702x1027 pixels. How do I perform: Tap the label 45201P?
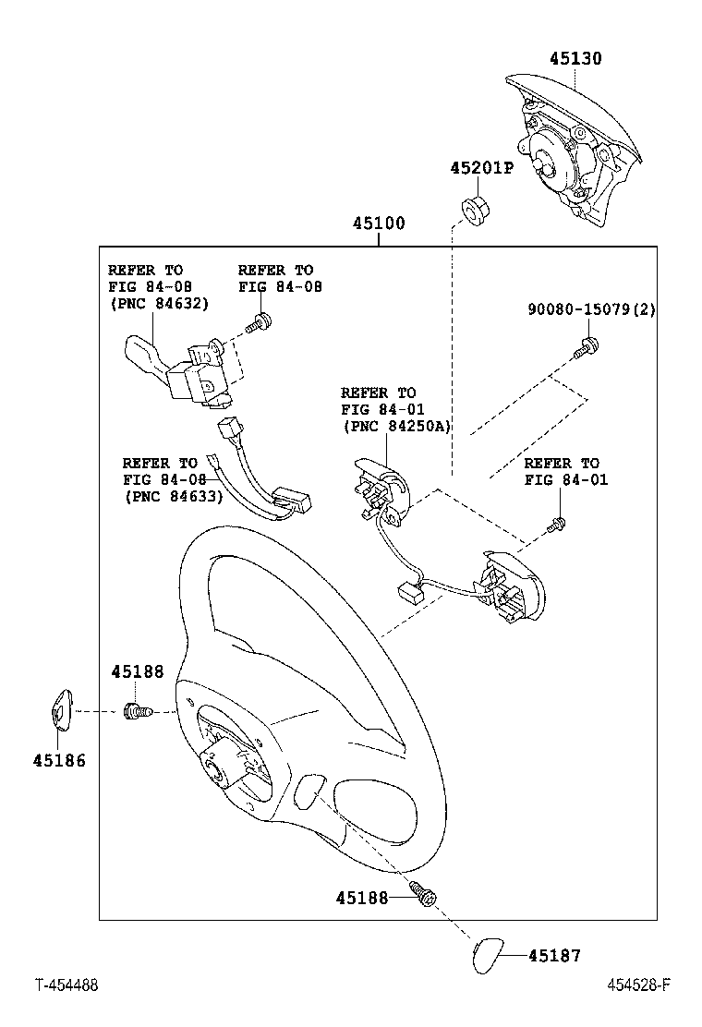click(x=480, y=169)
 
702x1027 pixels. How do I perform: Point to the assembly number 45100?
click(x=378, y=224)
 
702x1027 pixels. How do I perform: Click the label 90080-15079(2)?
click(x=591, y=309)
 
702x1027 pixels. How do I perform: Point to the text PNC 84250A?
click(x=395, y=426)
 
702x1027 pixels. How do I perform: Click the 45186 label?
click(x=59, y=761)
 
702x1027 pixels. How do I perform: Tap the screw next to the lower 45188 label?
click(x=424, y=895)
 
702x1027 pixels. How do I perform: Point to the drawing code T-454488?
click(x=67, y=985)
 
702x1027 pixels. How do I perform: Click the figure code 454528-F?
click(x=637, y=985)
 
